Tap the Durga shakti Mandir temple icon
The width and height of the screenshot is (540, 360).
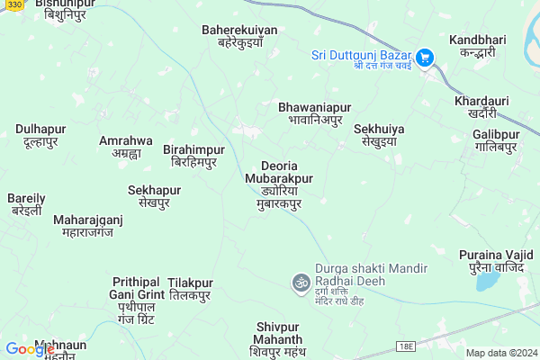[299, 283]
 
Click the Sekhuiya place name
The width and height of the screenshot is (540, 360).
[378, 135]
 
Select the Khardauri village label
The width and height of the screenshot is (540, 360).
[475, 106]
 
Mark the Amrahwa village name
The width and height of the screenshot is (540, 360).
[125, 147]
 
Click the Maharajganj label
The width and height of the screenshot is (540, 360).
[87, 225]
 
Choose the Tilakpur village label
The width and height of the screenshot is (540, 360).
[190, 288]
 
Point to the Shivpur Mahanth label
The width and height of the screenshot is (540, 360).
[276, 338]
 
